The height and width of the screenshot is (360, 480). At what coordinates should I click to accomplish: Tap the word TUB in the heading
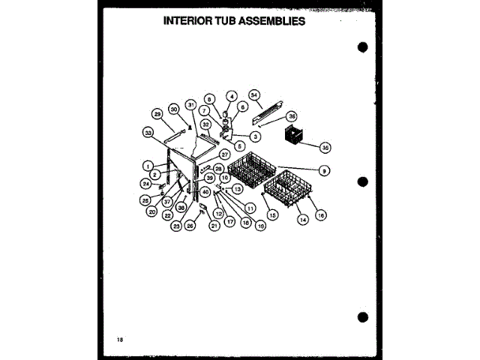coord(230,21)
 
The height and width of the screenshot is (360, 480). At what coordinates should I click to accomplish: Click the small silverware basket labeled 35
coord(289,138)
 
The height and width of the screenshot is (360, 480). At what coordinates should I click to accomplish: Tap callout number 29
coord(157,114)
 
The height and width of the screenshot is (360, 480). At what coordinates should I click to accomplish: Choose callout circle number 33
coord(148,132)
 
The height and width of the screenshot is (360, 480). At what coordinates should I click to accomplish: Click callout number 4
coord(232,96)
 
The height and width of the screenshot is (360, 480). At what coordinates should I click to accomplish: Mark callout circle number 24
coord(147,183)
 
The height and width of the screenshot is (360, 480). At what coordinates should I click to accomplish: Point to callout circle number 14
coord(303,220)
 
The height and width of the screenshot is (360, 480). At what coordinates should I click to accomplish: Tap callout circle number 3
coord(255,136)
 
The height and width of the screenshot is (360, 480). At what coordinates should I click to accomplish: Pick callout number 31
coord(190,103)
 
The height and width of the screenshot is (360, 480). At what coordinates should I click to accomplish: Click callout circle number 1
coord(148,166)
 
